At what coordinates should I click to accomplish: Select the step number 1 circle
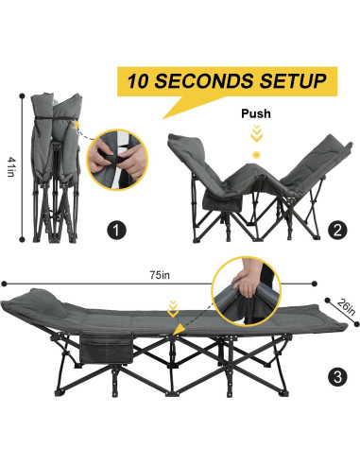[115, 230]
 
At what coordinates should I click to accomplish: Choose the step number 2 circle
[338, 229]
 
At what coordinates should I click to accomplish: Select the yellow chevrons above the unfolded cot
[172, 305]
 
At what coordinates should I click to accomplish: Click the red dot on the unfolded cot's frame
[176, 328]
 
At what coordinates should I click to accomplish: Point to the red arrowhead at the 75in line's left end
[5, 283]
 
